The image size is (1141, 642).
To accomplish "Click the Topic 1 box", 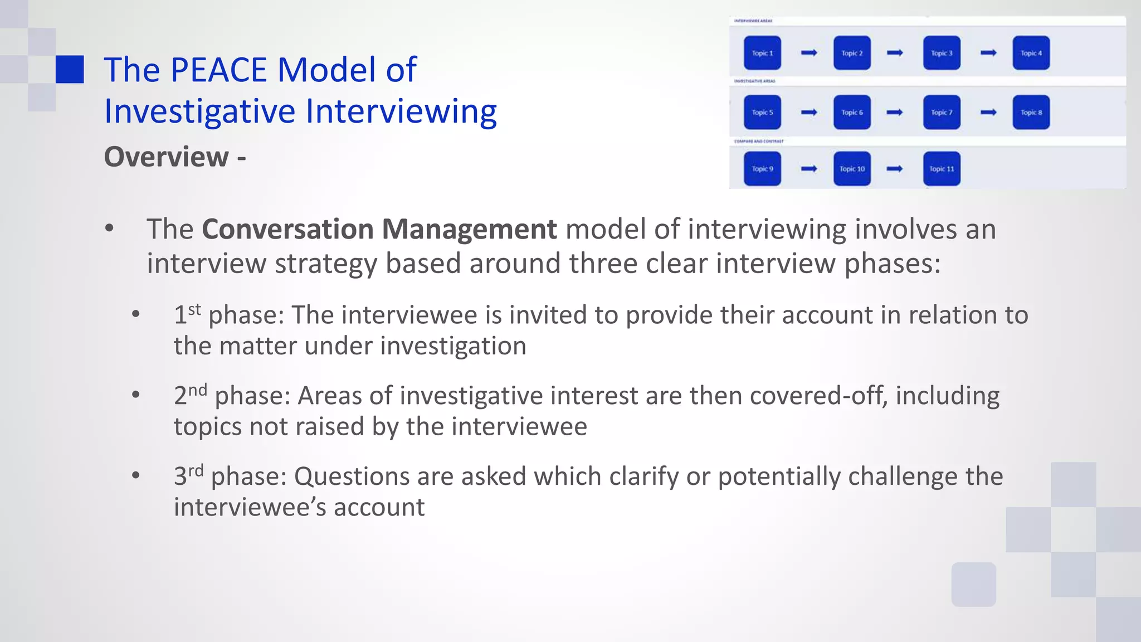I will (x=762, y=53).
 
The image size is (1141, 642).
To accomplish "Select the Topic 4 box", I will (x=1031, y=53).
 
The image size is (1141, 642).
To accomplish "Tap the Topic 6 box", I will (x=852, y=113).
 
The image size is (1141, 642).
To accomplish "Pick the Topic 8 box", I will (x=1031, y=113).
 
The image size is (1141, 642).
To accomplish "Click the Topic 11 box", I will (x=942, y=169).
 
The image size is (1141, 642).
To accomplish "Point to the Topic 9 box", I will (x=762, y=169).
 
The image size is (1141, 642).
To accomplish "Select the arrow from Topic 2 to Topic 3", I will (x=895, y=53).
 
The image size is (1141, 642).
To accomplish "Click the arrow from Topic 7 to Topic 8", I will (x=988, y=113).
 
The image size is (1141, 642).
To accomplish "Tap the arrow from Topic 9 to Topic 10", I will (x=809, y=169).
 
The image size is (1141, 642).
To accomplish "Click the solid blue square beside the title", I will (x=70, y=70).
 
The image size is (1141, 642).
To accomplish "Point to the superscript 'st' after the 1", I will (x=194, y=309).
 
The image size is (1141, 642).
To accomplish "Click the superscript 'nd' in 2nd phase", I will (x=197, y=390).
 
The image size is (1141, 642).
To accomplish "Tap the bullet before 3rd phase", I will (x=136, y=475).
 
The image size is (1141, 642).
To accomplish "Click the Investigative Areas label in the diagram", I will (x=754, y=81).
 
